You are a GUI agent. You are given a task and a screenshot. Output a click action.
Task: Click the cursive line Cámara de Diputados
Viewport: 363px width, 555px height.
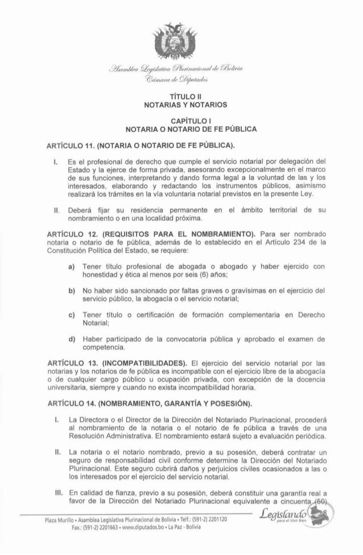click(x=181, y=80)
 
